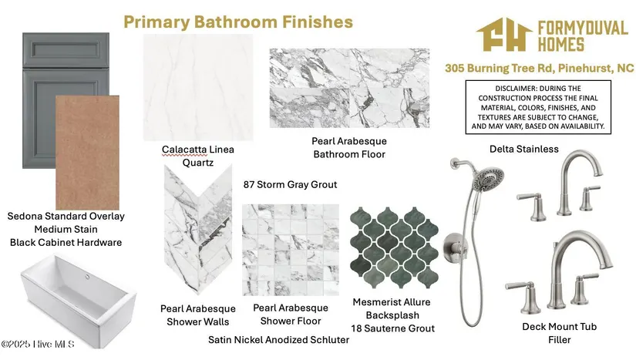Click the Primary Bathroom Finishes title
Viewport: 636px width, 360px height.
[238, 22]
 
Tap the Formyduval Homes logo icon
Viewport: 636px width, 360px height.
[504, 35]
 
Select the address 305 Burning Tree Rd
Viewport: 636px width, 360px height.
[500, 68]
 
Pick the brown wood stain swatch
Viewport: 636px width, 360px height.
[87, 153]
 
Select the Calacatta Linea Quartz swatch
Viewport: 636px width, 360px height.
[198, 87]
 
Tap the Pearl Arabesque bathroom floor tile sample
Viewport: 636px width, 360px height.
[349, 88]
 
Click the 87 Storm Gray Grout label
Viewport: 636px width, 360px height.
[290, 184]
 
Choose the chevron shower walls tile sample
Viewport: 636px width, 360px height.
[198, 230]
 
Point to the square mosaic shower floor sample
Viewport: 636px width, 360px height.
[291, 250]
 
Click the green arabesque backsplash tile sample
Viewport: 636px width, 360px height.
[394, 247]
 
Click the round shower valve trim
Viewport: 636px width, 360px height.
[454, 248]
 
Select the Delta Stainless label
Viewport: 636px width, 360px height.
[524, 150]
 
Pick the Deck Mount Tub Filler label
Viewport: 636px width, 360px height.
[560, 333]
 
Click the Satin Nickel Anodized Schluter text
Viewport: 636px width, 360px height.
[278, 340]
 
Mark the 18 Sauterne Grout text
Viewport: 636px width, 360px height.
[392, 328]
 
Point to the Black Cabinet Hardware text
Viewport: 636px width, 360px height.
[66, 242]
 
